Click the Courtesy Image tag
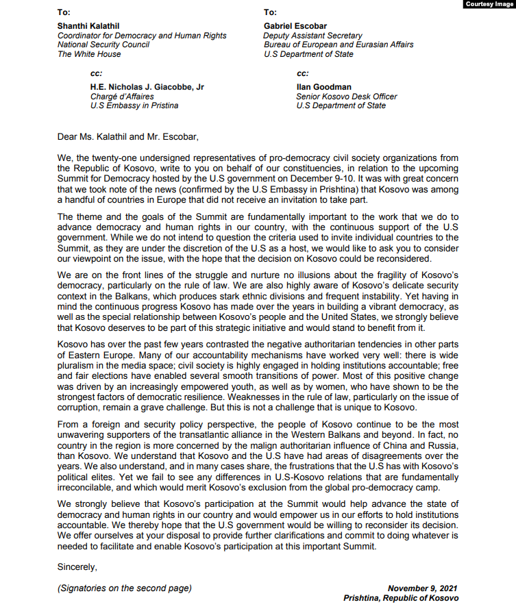coord(489,4)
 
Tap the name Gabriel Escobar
coord(294,26)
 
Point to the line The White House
coord(89,54)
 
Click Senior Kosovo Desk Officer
coord(346,97)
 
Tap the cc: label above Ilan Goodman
coord(303,73)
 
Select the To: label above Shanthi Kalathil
coord(64,12)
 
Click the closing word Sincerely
coord(77,567)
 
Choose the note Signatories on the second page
coord(125,588)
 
